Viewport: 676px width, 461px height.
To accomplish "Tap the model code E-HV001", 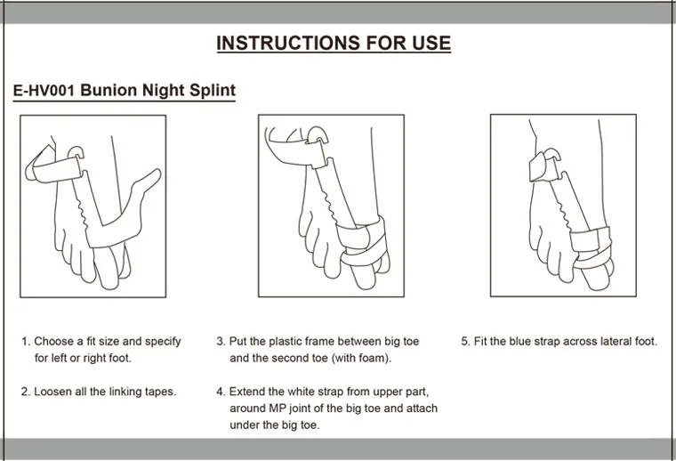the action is pyautogui.click(x=44, y=90).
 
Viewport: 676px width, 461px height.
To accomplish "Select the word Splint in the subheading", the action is pyautogui.click(x=213, y=91).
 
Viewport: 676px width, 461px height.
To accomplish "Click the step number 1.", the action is pyautogui.click(x=26, y=342).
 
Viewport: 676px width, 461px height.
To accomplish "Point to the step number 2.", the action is pyautogui.click(x=25, y=392).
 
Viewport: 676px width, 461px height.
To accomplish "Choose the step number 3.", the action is pyautogui.click(x=221, y=342).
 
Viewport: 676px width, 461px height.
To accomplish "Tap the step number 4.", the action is pyautogui.click(x=221, y=392).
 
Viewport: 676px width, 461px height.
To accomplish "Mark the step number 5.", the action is pyautogui.click(x=465, y=342).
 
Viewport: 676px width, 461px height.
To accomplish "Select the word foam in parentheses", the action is pyautogui.click(x=374, y=358).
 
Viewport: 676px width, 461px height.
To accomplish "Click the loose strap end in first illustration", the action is pyautogui.click(x=148, y=182).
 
